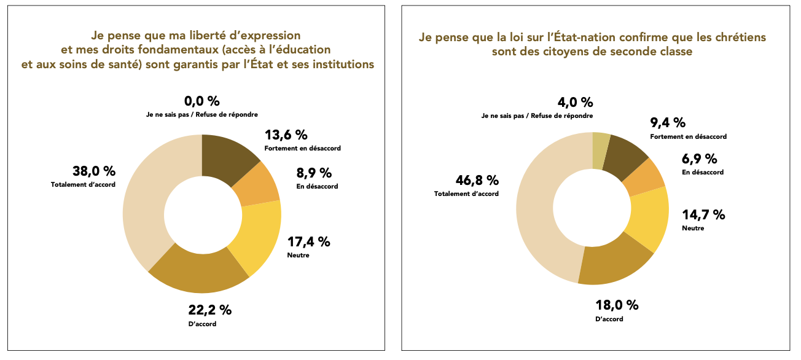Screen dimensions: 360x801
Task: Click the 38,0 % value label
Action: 93,171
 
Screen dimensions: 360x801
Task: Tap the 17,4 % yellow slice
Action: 257,237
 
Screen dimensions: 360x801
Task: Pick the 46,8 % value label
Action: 477,180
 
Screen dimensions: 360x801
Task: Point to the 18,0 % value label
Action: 617,305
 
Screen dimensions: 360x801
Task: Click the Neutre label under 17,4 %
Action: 298,255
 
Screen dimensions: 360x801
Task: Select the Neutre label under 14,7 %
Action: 693,228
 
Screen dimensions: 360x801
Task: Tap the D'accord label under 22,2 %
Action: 202,324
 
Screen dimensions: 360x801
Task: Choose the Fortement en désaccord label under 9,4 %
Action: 688,136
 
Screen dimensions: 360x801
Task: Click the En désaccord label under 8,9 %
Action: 317,186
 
